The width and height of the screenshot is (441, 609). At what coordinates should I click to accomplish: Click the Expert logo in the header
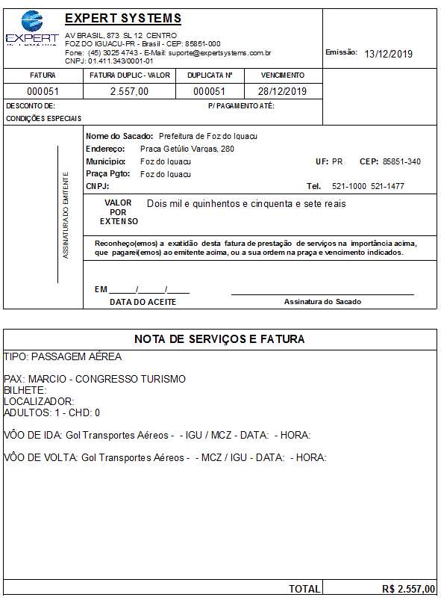(x=31, y=29)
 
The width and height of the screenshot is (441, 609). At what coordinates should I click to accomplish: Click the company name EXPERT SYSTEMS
(x=122, y=19)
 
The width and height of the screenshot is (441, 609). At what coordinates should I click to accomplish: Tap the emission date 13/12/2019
(x=388, y=54)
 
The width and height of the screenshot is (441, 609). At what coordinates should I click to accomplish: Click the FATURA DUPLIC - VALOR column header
(x=130, y=75)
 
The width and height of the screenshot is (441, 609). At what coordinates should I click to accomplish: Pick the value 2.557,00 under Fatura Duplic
(x=129, y=91)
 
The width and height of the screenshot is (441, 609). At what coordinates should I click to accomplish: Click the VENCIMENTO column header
(x=283, y=75)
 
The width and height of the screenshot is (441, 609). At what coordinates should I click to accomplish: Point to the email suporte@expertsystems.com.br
(x=225, y=53)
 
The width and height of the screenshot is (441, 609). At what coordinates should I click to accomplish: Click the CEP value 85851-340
(x=401, y=161)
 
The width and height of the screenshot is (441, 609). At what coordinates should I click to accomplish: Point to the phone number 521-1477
(x=389, y=186)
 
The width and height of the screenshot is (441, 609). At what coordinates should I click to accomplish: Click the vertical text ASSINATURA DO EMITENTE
(x=66, y=216)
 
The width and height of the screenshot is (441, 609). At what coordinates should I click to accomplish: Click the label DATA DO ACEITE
(x=143, y=302)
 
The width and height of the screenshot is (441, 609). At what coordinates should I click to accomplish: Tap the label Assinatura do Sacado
(x=322, y=302)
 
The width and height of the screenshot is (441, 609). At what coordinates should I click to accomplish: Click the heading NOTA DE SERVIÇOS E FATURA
(x=219, y=339)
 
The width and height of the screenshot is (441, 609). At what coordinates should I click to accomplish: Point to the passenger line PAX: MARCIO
(x=95, y=379)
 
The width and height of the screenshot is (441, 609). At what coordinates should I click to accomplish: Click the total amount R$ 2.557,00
(x=408, y=589)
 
